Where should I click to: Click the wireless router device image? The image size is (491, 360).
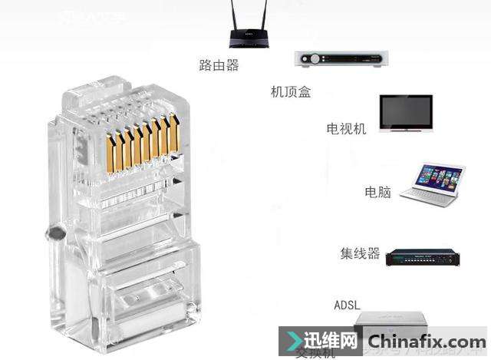[x=252, y=36]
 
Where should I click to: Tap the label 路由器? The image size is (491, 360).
[x=219, y=65]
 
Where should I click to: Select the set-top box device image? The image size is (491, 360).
[x=341, y=59]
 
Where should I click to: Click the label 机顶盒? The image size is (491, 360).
[x=291, y=92]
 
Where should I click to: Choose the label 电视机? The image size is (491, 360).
[x=346, y=127]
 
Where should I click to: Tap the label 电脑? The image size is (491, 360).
[x=377, y=192]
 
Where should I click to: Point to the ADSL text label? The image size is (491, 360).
[x=347, y=305]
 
